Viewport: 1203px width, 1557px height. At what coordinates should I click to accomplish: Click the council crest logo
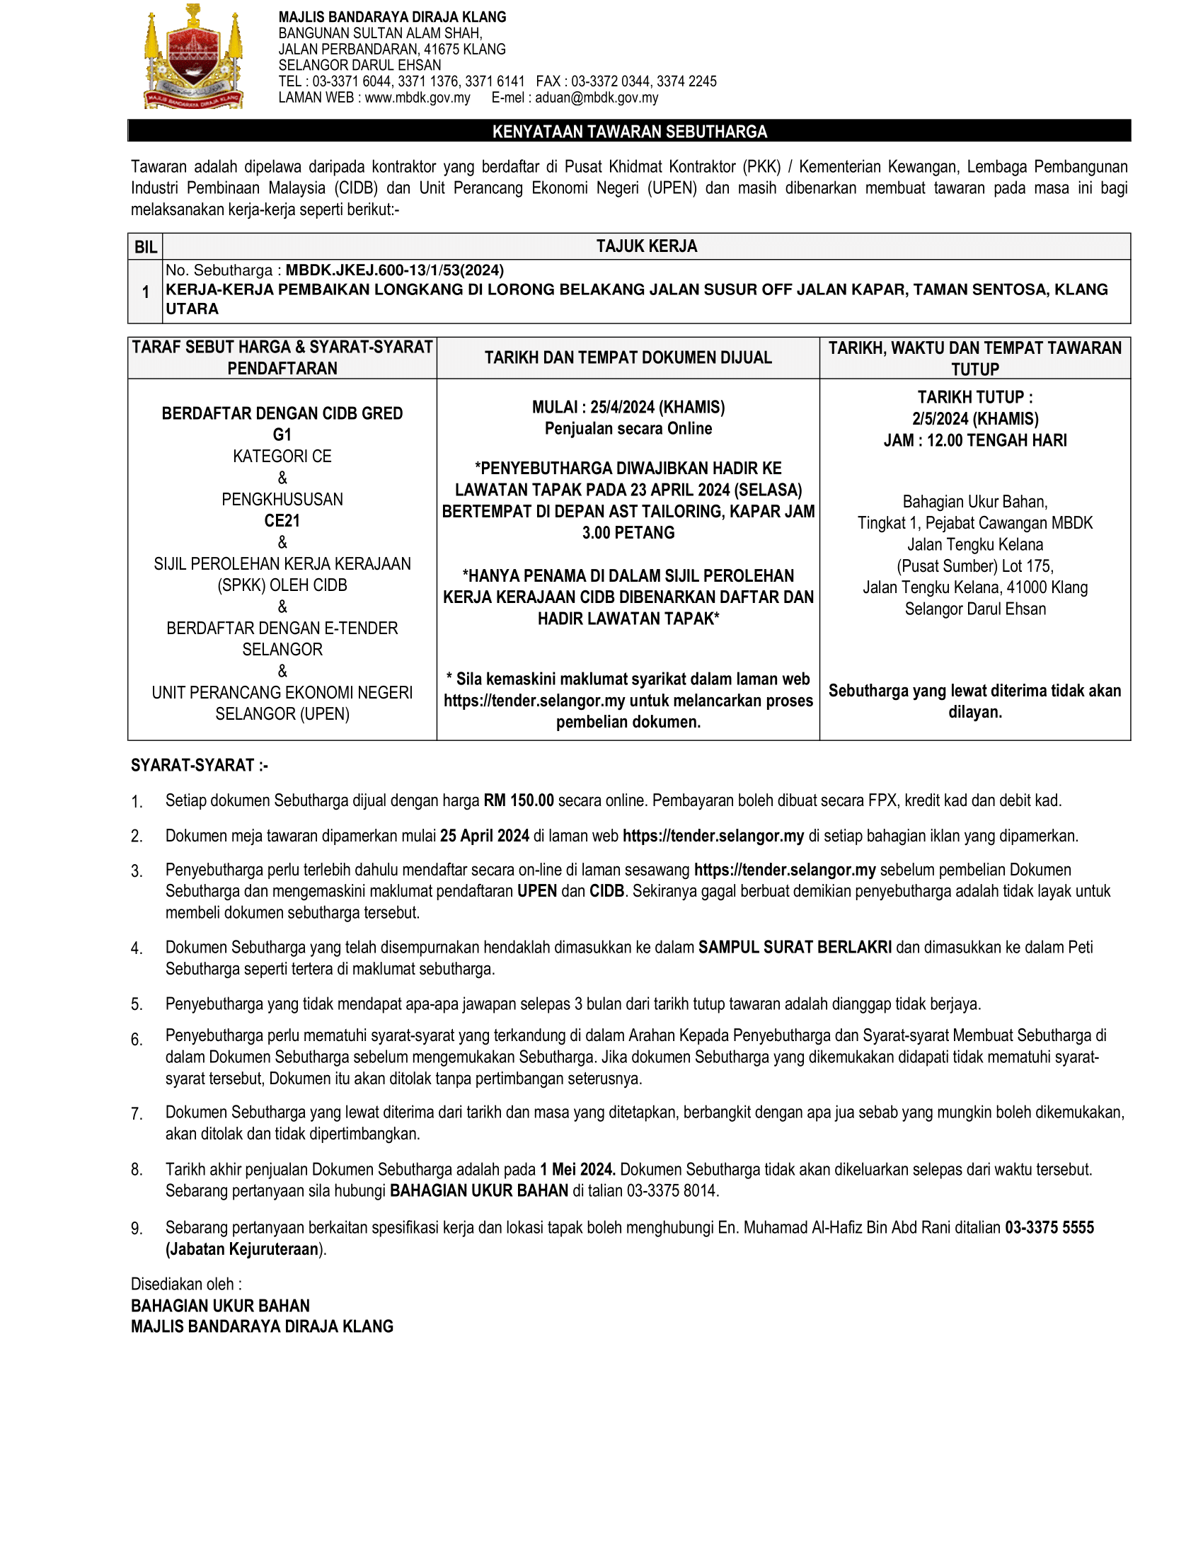pos(194,58)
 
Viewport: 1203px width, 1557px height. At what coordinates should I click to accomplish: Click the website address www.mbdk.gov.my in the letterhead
pos(417,98)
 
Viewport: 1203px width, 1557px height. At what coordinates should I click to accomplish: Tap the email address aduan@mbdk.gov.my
pos(597,98)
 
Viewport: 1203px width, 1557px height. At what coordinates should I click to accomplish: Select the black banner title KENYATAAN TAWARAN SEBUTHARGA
pos(629,131)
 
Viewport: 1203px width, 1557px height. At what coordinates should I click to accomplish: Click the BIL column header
pos(145,247)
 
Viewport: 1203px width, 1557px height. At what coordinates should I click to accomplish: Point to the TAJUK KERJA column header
pos(646,246)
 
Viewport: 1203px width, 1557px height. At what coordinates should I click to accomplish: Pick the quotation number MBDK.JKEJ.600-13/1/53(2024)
pos(395,270)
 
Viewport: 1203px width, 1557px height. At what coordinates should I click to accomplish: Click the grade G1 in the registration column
pos(282,435)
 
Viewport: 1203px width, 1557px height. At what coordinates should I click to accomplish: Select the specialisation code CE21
pos(282,521)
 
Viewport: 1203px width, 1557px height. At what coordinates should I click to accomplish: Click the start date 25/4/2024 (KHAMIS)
pos(657,407)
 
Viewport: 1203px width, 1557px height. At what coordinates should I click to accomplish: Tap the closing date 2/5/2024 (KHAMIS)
pos(975,419)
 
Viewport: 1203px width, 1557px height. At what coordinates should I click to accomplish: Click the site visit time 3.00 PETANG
pos(628,532)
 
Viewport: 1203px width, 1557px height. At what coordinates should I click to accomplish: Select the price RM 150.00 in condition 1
pos(518,800)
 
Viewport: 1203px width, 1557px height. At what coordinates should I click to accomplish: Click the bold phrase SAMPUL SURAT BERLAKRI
pos(795,948)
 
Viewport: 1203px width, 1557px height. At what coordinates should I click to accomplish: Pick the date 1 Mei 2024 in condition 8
pos(577,1170)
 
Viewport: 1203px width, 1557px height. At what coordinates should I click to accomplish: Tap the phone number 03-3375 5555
pos(1049,1228)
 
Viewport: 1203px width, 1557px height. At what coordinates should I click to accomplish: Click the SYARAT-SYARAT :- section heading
pos(200,766)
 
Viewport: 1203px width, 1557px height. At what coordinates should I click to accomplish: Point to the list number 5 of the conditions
pos(136,1004)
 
